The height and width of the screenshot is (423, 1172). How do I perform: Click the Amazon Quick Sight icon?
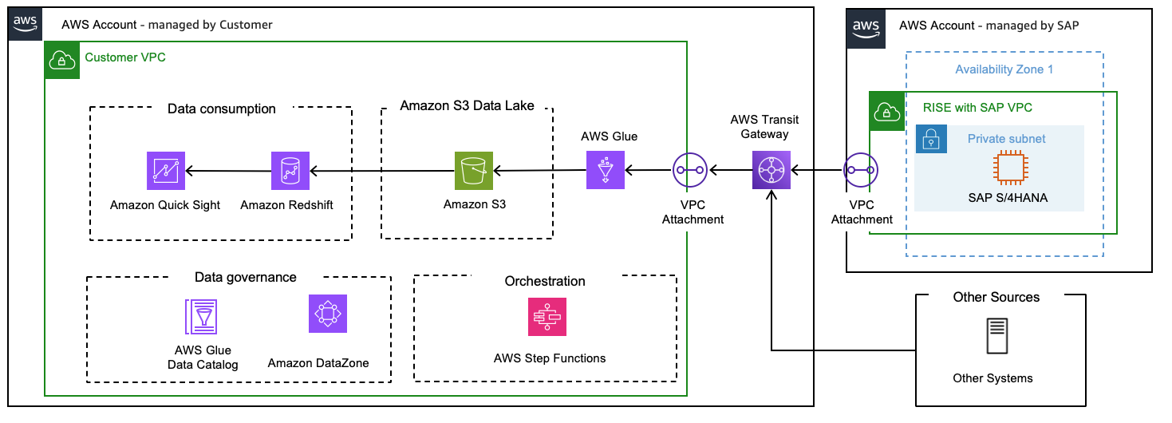click(x=166, y=170)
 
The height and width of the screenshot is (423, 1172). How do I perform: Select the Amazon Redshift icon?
click(x=290, y=170)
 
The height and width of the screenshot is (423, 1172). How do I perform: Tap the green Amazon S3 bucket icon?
click(x=474, y=170)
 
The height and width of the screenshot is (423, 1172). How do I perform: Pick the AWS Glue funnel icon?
click(x=606, y=170)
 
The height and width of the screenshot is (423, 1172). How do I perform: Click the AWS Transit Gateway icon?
click(x=771, y=170)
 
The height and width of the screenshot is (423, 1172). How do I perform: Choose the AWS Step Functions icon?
click(x=547, y=317)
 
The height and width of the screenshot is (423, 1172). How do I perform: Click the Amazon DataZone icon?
click(x=328, y=314)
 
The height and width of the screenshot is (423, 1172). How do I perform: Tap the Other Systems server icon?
click(x=995, y=337)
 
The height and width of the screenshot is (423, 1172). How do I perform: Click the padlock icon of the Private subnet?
click(x=931, y=139)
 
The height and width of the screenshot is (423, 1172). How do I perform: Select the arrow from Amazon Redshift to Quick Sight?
click(x=228, y=170)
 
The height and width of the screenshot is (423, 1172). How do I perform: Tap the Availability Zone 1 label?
click(x=1004, y=69)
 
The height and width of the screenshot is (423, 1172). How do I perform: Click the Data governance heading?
click(x=246, y=278)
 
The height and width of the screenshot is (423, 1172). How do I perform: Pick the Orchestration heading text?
click(x=545, y=281)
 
